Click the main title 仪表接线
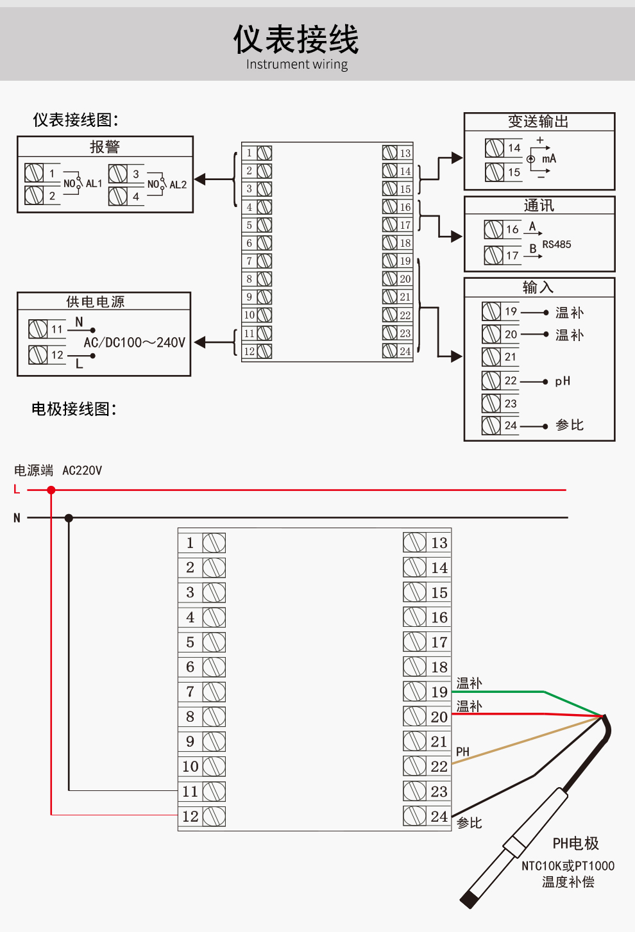click(296, 39)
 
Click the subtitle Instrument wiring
click(296, 64)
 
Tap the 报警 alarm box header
click(105, 147)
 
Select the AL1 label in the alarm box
click(94, 184)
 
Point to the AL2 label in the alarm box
click(178, 185)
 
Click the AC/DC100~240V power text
click(134, 342)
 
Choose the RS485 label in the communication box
click(556, 244)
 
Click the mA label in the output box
click(549, 158)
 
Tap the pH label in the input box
click(563, 381)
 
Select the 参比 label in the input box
click(570, 425)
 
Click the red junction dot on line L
click(51, 490)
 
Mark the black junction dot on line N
click(69, 518)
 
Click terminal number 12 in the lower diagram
click(190, 816)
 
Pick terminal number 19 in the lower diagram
click(439, 692)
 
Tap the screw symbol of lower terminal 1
click(214, 543)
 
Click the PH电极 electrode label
click(575, 844)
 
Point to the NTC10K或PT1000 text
click(568, 866)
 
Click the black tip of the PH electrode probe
click(470, 899)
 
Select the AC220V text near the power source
click(82, 470)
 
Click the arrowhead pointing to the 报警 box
click(200, 179)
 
